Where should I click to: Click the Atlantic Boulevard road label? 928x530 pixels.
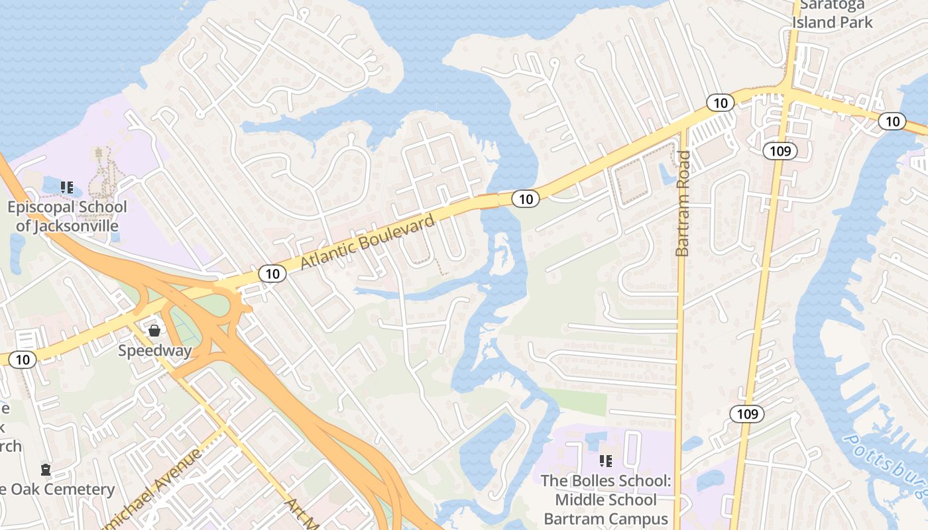coord(368,242)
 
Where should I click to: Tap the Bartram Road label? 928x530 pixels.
coord(683,203)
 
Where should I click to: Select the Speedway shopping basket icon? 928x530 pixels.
coord(154,330)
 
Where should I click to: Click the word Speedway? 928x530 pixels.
coord(154,350)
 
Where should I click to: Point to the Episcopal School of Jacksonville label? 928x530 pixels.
coord(67,217)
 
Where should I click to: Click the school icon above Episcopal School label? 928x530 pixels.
coord(67,187)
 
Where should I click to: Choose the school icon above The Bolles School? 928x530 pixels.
coord(605,460)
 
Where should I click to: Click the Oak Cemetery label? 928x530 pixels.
coord(60,490)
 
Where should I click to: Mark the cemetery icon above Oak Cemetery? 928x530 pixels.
coord(46,470)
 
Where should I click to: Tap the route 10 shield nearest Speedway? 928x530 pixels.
coord(23,360)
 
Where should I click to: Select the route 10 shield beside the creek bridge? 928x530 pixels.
coord(526,198)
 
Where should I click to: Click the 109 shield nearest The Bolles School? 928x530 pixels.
coord(747,415)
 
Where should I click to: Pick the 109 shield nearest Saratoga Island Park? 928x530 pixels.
coord(780,151)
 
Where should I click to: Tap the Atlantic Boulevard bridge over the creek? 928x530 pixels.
coord(490,201)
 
